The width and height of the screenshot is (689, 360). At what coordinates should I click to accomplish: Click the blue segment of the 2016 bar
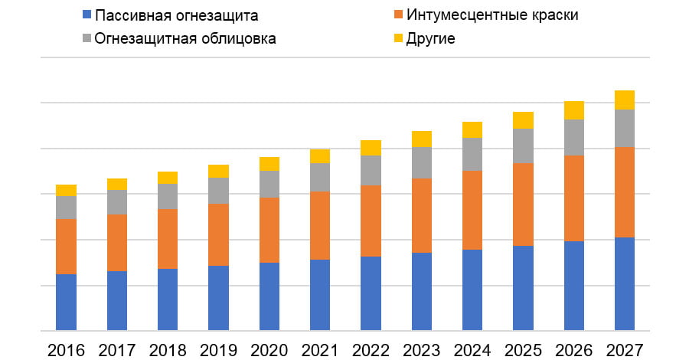click(x=66, y=302)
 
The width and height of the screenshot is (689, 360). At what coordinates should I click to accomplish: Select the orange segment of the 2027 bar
click(x=624, y=191)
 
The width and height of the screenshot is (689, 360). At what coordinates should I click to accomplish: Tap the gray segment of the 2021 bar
click(x=319, y=177)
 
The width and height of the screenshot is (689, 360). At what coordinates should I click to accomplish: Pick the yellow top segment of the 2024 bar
click(x=472, y=129)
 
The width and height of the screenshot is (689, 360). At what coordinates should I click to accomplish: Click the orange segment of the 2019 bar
click(x=218, y=234)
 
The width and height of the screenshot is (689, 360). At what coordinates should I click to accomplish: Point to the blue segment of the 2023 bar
click(x=421, y=291)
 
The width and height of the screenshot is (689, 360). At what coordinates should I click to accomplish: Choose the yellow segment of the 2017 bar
click(x=116, y=184)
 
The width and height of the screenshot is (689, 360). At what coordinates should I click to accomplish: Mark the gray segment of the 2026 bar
click(x=573, y=137)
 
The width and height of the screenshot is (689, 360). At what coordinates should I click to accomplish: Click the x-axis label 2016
click(x=66, y=349)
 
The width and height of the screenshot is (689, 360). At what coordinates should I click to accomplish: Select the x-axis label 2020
click(x=269, y=349)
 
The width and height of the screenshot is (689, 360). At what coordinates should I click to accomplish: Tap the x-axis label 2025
click(x=523, y=349)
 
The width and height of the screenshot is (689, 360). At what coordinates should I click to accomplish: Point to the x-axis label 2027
click(x=624, y=349)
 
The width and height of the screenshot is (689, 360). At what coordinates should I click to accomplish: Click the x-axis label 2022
click(x=371, y=349)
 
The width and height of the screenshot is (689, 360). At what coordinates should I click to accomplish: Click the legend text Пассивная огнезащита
click(x=176, y=15)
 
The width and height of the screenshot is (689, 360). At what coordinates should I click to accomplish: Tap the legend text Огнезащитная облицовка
click(x=185, y=38)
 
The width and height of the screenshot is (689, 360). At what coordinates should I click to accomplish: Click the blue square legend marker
click(x=86, y=15)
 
